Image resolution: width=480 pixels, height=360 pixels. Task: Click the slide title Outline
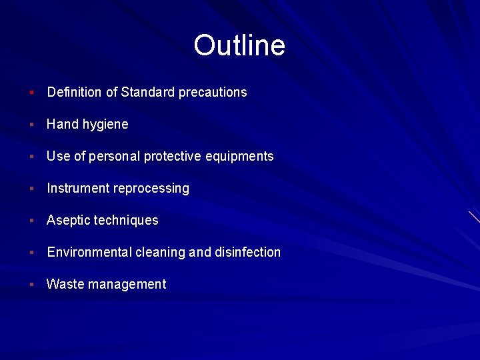click(x=239, y=45)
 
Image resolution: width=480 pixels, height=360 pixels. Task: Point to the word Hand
click(x=62, y=125)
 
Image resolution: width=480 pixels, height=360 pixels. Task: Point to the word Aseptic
click(x=69, y=221)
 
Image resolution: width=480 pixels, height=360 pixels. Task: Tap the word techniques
click(x=126, y=221)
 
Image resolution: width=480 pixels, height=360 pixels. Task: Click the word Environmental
click(x=89, y=253)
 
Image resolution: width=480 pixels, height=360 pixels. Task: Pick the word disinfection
click(x=247, y=253)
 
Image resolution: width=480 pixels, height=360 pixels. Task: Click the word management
click(x=127, y=285)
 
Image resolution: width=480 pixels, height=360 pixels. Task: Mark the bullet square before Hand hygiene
click(x=31, y=124)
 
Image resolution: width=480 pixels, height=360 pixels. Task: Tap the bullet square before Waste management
click(x=31, y=284)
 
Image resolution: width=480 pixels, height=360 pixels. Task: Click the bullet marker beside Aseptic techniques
click(x=31, y=220)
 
